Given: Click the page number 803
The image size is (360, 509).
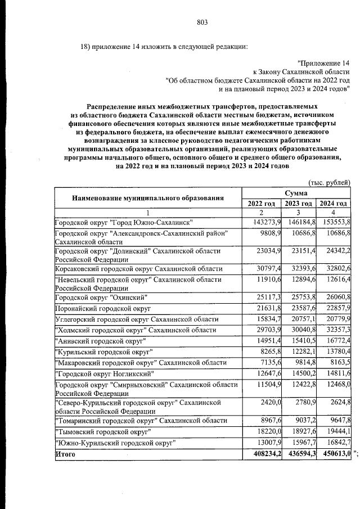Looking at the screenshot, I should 203,22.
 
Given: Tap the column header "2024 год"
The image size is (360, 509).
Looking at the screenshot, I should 332,204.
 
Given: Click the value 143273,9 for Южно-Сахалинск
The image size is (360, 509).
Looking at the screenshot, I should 262,223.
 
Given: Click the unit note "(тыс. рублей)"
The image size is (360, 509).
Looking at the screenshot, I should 330,182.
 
